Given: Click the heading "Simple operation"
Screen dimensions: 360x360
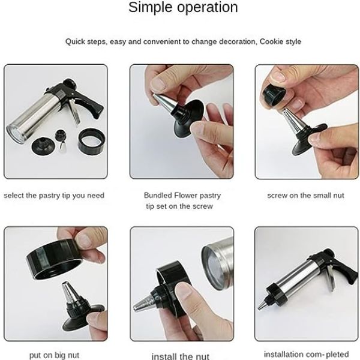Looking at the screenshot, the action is [x=183, y=8].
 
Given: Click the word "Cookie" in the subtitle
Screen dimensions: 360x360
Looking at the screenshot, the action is [x=272, y=42].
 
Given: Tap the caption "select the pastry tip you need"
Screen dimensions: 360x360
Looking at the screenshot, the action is [x=54, y=196].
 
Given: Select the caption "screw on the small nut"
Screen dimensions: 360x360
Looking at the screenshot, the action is [x=305, y=196].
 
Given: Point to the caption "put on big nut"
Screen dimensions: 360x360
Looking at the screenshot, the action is [x=54, y=355].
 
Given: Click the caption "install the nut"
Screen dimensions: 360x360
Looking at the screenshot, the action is [x=181, y=356].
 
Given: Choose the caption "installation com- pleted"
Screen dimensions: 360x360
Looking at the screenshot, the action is [x=306, y=354].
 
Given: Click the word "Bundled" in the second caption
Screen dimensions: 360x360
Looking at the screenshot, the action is [x=158, y=196].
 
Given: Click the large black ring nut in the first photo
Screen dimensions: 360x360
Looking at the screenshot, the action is [x=91, y=141].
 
